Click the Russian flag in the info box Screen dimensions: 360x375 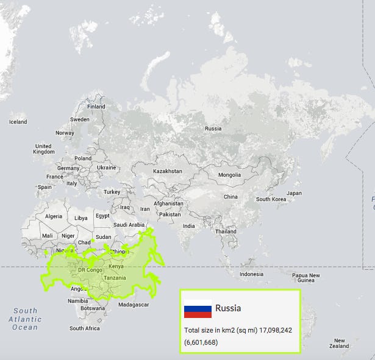coord(198,311)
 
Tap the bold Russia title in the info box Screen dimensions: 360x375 coord(228,308)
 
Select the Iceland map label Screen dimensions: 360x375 coord(18,122)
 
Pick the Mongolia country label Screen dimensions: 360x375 coord(229,175)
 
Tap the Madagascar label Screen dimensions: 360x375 coord(134,304)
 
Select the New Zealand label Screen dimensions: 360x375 coord(339,344)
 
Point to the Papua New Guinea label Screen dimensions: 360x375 coord(306,278)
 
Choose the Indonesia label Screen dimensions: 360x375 coord(251,274)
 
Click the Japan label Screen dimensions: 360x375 coord(294,193)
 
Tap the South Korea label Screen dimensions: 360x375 coord(271,199)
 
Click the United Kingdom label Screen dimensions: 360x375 coord(43,149)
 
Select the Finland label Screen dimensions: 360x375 coord(96,107)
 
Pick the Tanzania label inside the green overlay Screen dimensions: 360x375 coord(115,278)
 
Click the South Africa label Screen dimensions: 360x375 coord(84,328)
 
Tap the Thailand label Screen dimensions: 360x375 coord(226,231)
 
